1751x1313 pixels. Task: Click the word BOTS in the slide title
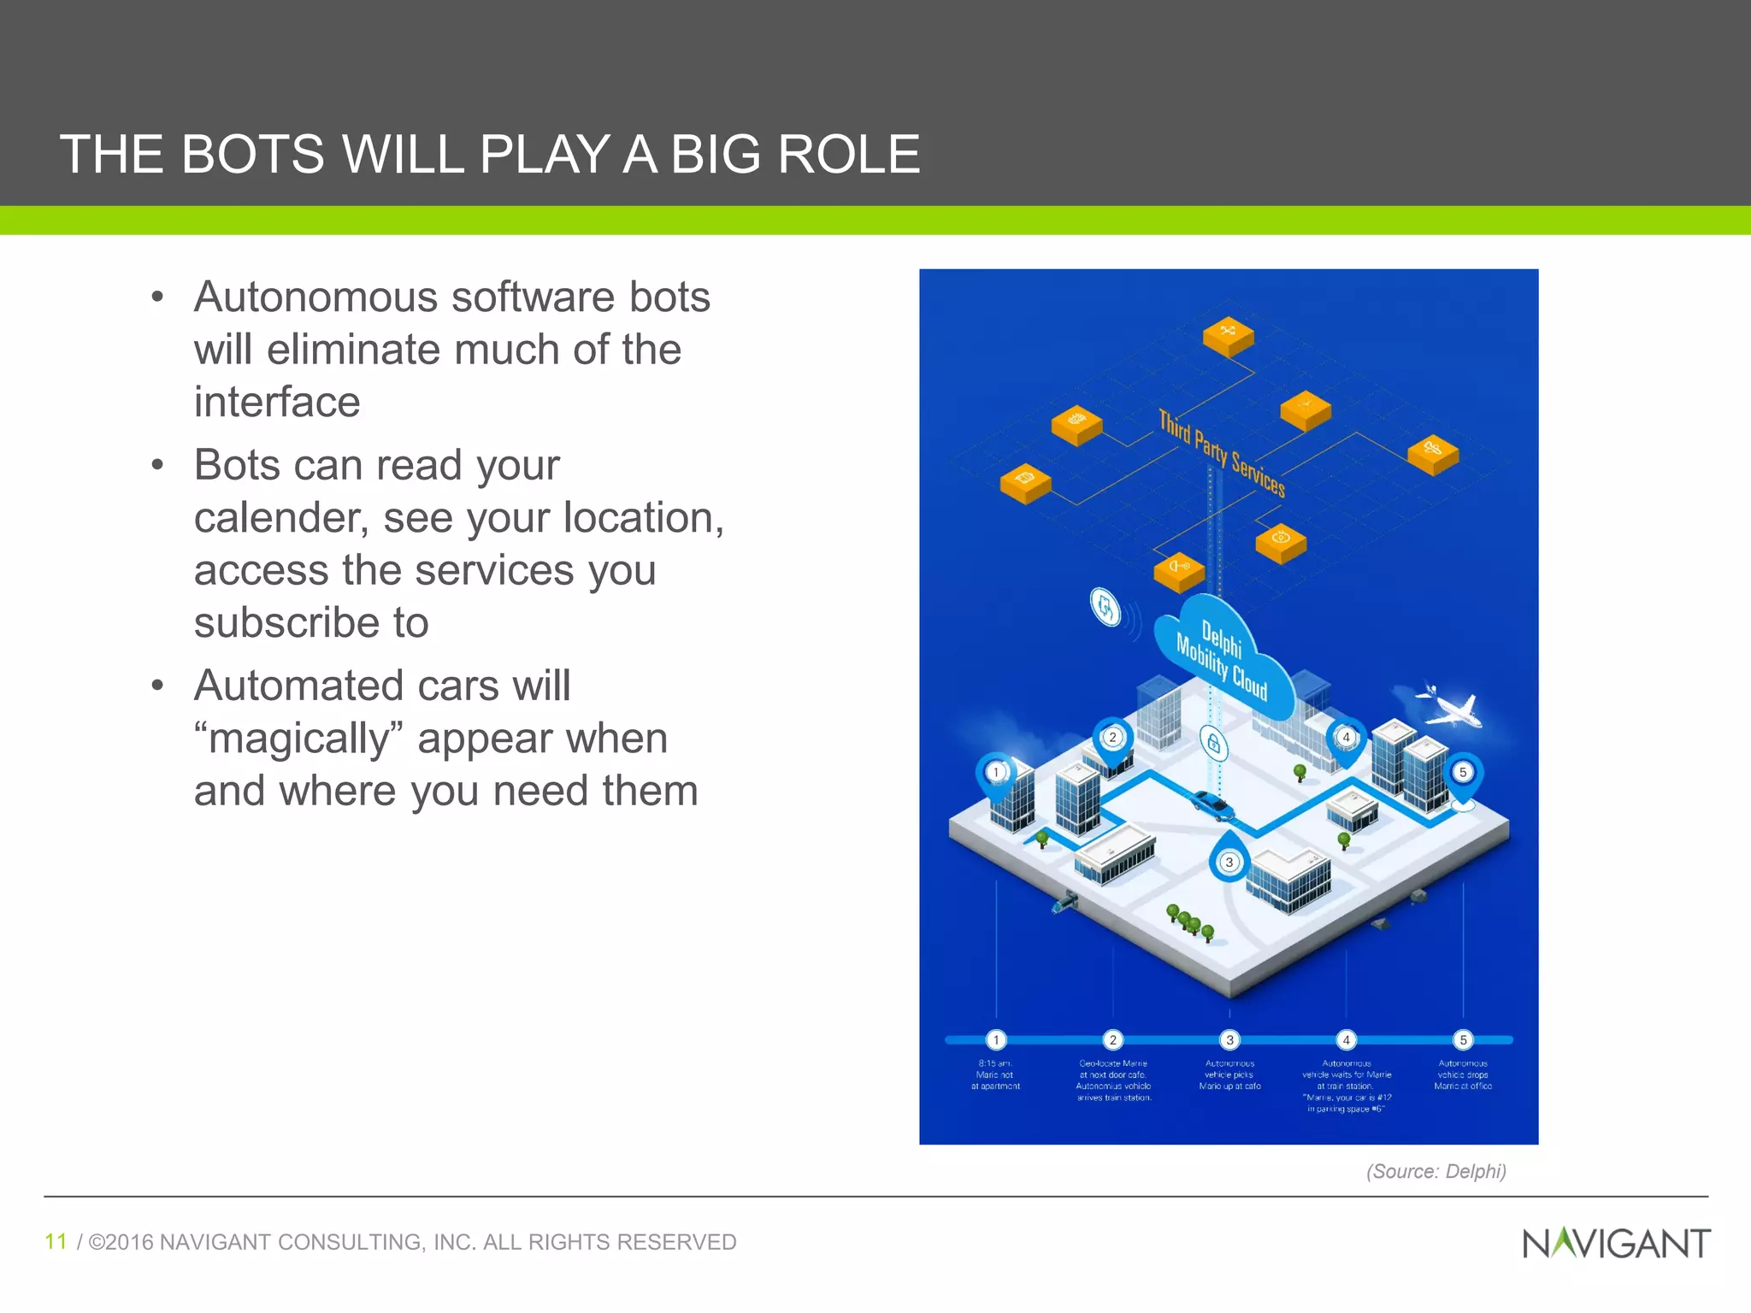click(x=252, y=155)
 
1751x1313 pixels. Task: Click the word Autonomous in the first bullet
click(x=315, y=297)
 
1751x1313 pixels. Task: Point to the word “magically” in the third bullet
click(x=298, y=739)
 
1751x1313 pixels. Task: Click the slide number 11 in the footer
click(x=56, y=1241)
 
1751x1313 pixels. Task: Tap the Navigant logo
click(x=1616, y=1243)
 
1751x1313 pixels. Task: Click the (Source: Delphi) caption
click(x=1436, y=1171)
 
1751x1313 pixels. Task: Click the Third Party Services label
click(x=1222, y=452)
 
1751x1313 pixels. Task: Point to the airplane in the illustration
click(x=1451, y=707)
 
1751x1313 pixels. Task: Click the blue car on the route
click(x=1212, y=804)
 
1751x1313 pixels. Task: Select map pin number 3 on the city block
click(x=1229, y=861)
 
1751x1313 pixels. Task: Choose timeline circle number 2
click(x=1112, y=1039)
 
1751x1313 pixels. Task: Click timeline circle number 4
click(x=1346, y=1039)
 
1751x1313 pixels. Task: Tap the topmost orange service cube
click(x=1228, y=335)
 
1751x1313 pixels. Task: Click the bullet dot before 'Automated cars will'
click(x=156, y=686)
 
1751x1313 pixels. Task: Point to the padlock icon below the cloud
click(x=1213, y=744)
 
